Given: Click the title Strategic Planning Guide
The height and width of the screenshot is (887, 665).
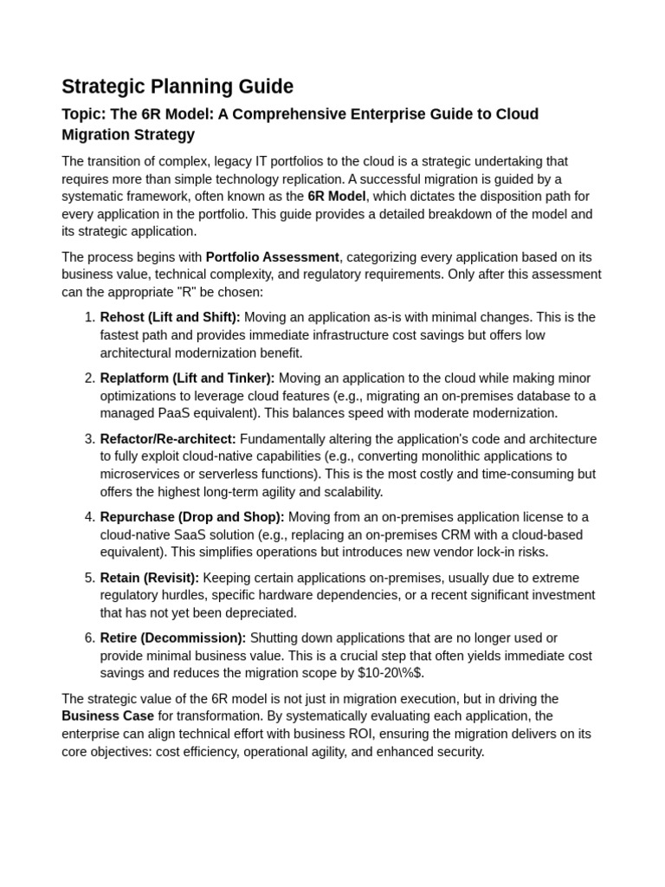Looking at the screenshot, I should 178,87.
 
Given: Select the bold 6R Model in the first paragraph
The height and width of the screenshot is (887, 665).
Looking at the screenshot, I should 337,197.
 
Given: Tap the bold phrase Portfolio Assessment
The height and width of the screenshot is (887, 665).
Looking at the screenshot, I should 272,257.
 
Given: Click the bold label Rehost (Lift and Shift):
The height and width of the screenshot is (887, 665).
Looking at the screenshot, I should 170,318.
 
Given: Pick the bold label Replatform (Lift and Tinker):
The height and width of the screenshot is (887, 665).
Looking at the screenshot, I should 187,379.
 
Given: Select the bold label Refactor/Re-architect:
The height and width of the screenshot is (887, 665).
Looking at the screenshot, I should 168,439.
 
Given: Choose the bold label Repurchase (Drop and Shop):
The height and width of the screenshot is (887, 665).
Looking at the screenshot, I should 192,517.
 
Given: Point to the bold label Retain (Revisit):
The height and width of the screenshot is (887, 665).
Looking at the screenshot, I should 150,578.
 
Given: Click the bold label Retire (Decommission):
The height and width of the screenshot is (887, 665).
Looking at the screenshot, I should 173,638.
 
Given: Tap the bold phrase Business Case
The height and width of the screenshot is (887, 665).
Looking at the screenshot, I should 107,716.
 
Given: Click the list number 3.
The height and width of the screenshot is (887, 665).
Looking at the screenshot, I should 89,439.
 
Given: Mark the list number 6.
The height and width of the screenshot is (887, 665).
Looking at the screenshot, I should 89,638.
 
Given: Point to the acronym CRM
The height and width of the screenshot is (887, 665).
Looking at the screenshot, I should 496,534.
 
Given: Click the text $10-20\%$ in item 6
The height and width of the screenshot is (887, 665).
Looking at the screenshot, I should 391,673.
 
